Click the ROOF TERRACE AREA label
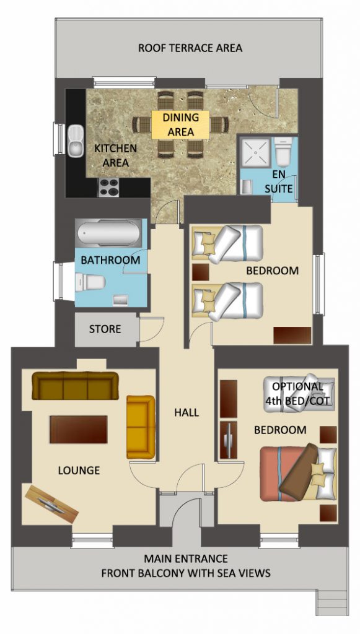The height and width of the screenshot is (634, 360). tap(190, 48)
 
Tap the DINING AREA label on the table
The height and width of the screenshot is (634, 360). tap(180, 124)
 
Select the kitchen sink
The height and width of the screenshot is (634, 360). tap(76, 140)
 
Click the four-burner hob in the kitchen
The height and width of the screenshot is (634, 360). tap(108, 187)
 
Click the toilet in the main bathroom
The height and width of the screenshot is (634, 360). tap(90, 283)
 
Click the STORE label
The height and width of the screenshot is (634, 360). tap(105, 329)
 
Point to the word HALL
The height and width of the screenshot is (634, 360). tap(187, 412)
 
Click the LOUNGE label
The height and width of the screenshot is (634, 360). tap(79, 471)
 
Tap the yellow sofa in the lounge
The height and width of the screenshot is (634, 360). tap(141, 427)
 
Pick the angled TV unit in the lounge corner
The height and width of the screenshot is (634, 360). tap(51, 503)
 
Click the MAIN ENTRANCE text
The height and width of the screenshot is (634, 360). tap(186, 558)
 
